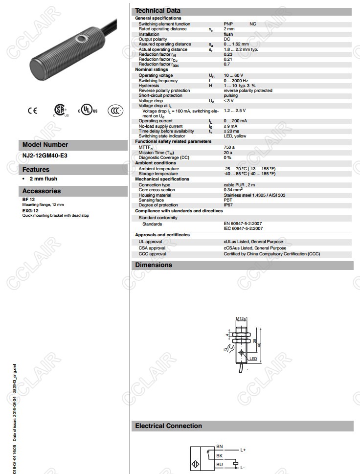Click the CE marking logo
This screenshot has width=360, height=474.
pos(32,111)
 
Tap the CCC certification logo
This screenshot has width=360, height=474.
pos(115,110)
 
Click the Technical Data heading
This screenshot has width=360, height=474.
pos(157,11)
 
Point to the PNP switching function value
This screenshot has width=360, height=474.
pos(228,24)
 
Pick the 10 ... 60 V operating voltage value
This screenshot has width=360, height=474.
pos(233,75)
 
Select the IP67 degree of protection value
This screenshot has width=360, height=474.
pos(228,205)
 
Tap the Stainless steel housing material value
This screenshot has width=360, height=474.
pos(254,195)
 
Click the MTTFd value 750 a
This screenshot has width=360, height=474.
pos(229,147)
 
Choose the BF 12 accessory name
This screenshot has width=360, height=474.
pos(28,200)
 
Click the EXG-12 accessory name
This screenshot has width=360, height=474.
pos(30,210)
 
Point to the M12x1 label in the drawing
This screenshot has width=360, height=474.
pos(242,318)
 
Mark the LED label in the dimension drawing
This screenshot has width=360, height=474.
pos(253,359)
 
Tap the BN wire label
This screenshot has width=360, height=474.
pos(220,447)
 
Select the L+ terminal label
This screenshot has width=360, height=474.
pos(243,450)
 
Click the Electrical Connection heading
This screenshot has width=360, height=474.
pos(168,426)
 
